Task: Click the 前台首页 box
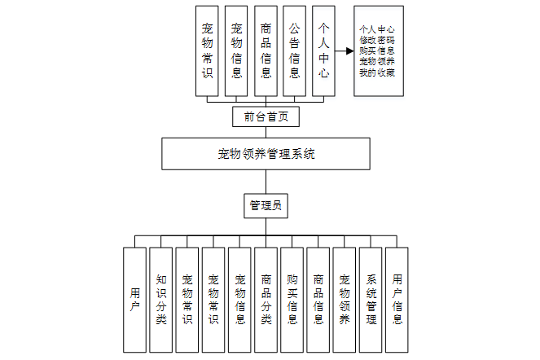[266, 116]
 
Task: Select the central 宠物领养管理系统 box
[266, 153]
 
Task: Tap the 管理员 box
[266, 206]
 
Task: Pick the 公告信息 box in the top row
[295, 50]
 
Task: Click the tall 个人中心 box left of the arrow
[324, 50]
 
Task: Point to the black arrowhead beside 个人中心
[349, 50]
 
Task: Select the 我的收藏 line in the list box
[377, 72]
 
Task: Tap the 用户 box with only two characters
[134, 299]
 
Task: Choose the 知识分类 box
[161, 299]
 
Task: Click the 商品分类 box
[266, 299]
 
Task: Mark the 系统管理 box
[371, 299]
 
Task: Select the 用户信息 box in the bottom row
[397, 299]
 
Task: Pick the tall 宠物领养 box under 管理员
[345, 299]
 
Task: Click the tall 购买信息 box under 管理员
[292, 299]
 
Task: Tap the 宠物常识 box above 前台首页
[207, 50]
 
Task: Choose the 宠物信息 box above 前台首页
[236, 50]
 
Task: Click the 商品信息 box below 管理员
[318, 299]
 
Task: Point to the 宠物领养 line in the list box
[377, 62]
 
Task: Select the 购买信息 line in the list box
[377, 50]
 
